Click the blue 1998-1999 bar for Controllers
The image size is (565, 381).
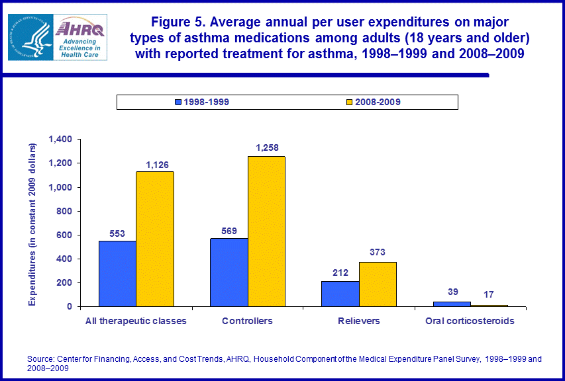(x=229, y=272)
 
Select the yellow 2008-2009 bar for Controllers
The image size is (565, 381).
(x=266, y=231)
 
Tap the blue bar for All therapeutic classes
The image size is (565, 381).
(x=117, y=273)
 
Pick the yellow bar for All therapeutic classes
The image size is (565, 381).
(x=155, y=239)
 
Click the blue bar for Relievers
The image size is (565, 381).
(x=340, y=294)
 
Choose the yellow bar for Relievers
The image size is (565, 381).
(x=378, y=284)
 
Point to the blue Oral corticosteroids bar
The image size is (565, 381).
(x=452, y=304)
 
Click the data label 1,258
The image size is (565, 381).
(x=266, y=148)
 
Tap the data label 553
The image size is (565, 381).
(x=117, y=233)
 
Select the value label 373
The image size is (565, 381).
(x=378, y=252)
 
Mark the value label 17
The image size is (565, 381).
(x=488, y=294)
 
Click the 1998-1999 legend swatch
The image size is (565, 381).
(x=178, y=102)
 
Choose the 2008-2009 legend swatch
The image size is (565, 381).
(x=349, y=102)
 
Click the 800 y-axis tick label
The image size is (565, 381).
(x=64, y=211)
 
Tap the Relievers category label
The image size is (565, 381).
(x=359, y=321)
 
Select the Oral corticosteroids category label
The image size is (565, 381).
(x=470, y=321)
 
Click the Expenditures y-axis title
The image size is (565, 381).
(x=32, y=223)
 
